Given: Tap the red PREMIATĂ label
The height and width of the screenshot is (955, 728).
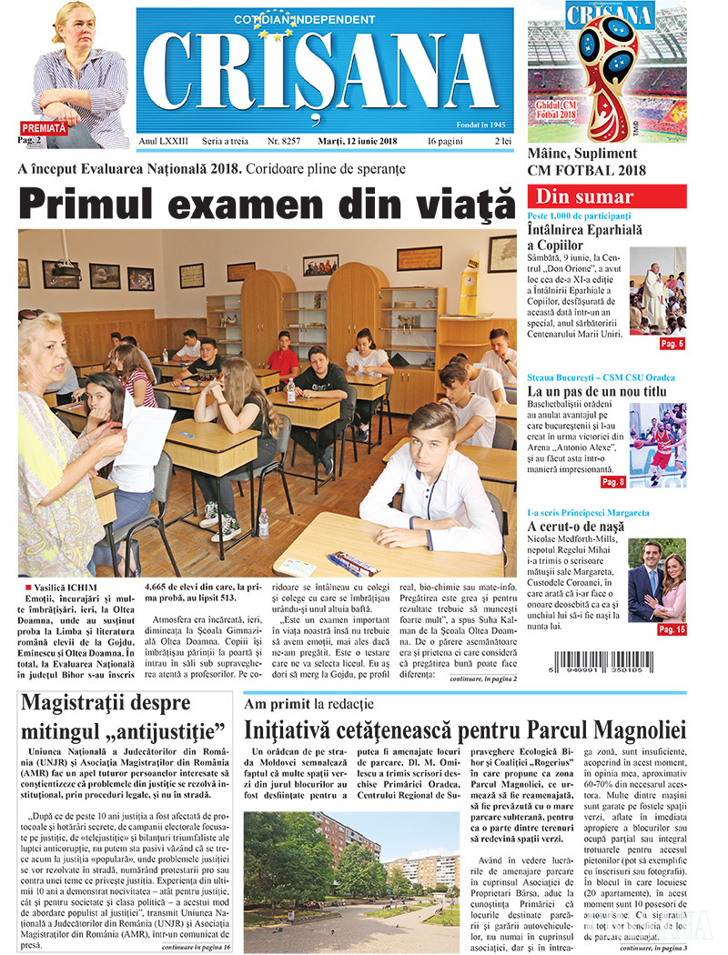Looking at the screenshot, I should (x=44, y=128).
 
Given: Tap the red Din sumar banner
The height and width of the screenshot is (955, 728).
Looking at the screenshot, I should (x=607, y=196).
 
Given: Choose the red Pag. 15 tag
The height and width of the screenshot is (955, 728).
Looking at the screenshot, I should (x=672, y=629).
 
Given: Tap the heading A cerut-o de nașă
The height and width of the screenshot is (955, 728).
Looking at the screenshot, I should (x=579, y=528).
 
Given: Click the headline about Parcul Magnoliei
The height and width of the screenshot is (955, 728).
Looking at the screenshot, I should (x=463, y=729).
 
